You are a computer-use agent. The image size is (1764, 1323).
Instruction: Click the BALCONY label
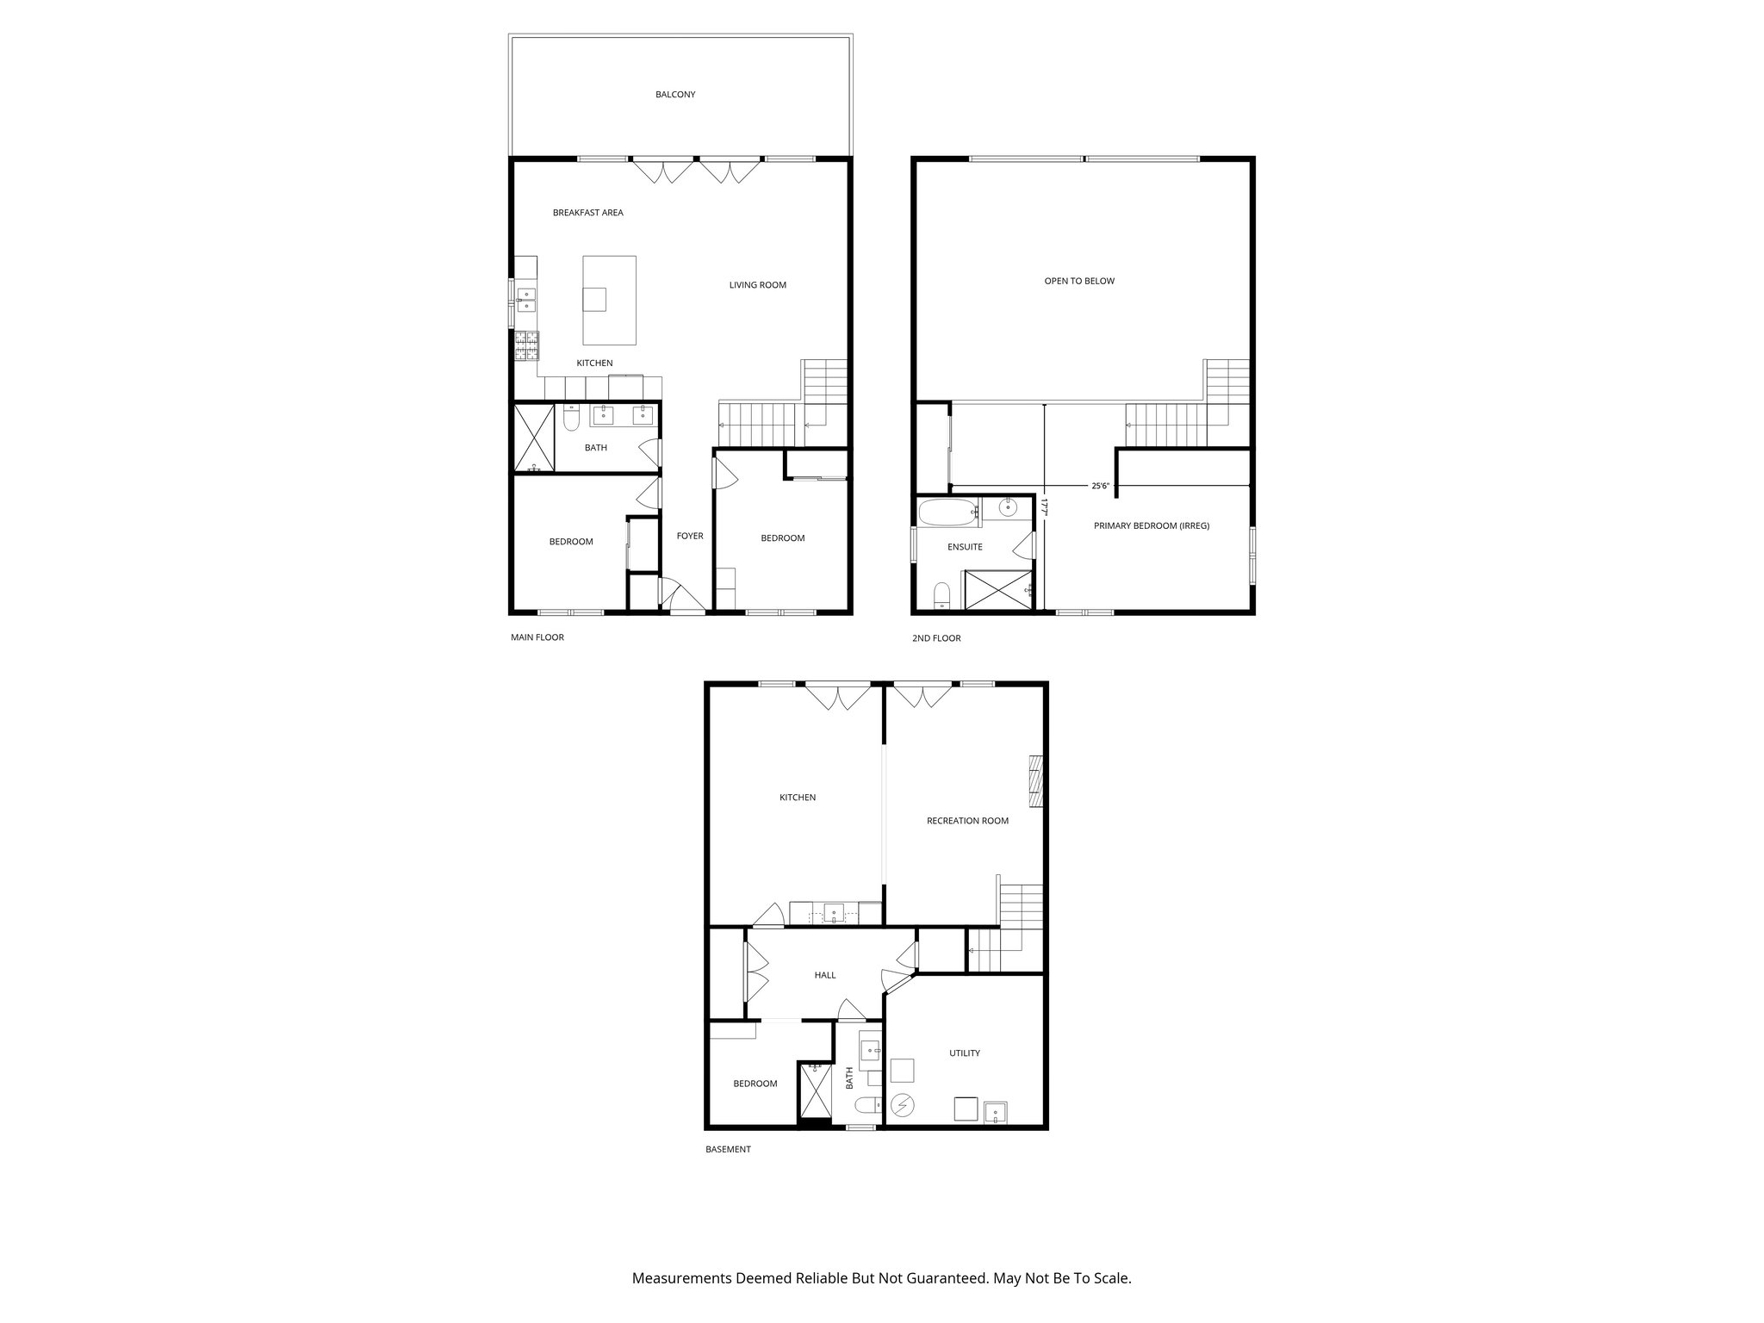(x=674, y=95)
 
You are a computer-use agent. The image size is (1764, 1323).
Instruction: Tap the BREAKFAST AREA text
(x=587, y=213)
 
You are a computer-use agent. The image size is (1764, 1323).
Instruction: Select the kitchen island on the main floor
(x=609, y=301)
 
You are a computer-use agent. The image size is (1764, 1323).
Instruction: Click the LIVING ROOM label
(x=757, y=285)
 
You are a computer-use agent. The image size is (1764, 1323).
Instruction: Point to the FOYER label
(x=689, y=536)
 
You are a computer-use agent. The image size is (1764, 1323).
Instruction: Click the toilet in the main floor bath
(x=570, y=419)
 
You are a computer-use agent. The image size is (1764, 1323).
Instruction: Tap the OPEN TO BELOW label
(x=1078, y=281)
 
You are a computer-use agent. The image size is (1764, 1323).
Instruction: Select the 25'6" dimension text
(x=1100, y=486)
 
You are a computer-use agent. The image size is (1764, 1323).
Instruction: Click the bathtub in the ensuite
(x=947, y=513)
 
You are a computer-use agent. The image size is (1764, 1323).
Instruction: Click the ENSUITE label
(x=965, y=547)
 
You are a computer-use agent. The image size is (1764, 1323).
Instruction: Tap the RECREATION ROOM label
(x=966, y=821)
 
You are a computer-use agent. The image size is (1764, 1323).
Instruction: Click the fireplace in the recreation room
(x=1036, y=781)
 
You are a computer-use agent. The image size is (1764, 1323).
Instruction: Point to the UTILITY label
(x=964, y=1053)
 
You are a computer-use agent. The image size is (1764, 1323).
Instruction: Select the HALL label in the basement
(x=824, y=975)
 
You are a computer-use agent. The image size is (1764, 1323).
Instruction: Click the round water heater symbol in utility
(x=903, y=1104)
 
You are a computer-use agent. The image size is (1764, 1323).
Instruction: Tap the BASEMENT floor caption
(x=728, y=1149)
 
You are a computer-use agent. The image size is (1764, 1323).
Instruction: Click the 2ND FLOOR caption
(x=935, y=638)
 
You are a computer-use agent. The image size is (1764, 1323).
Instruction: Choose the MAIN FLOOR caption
(x=537, y=637)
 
